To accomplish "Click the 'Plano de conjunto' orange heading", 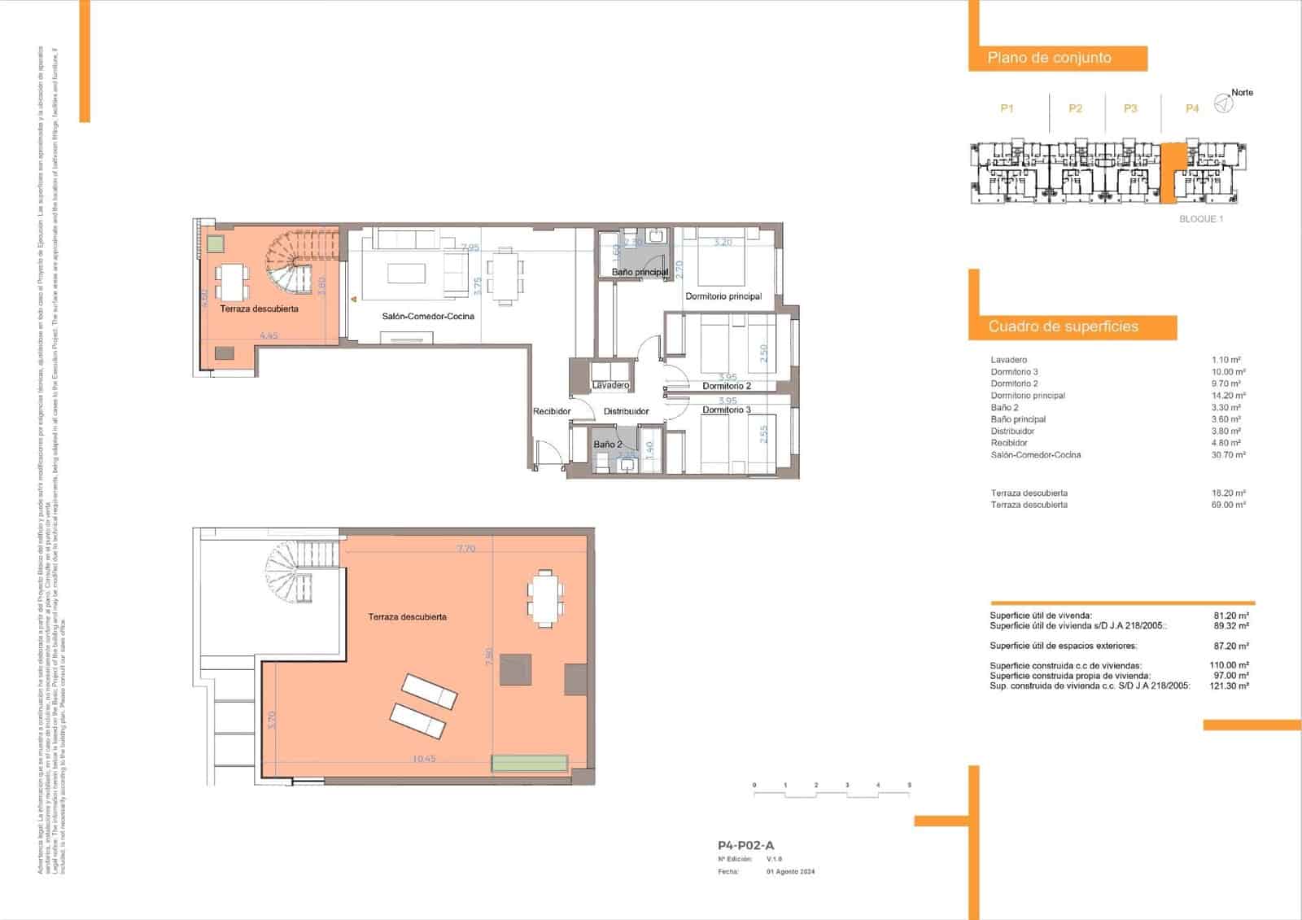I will (x=1049, y=58).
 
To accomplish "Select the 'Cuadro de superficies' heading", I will (x=1063, y=326).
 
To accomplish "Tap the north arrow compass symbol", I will (x=1221, y=103).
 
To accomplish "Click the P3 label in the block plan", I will (x=1130, y=108).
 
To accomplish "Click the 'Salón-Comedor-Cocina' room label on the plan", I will (x=428, y=316).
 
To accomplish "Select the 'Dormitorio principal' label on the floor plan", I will (x=723, y=296).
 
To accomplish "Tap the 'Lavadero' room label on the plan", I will (x=610, y=385).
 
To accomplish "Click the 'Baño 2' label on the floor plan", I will (x=607, y=445).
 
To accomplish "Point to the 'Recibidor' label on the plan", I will (x=552, y=411).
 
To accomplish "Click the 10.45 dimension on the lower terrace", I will (x=424, y=759).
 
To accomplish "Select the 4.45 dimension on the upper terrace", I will (x=269, y=335).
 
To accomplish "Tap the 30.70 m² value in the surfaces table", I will (x=1228, y=455).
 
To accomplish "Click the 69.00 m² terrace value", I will (x=1228, y=505).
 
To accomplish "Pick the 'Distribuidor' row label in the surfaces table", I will (x=1012, y=432).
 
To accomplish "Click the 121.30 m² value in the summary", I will (x=1230, y=686).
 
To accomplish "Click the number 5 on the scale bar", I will (x=909, y=786).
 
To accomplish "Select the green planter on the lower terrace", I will (x=530, y=764).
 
